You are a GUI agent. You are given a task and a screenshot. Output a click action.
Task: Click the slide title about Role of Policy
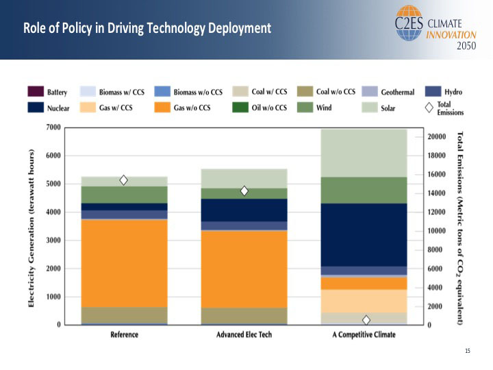coord(147,29)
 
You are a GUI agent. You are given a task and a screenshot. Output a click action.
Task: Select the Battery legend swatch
coord(36,92)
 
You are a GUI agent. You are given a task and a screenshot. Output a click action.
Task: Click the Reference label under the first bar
coord(124,335)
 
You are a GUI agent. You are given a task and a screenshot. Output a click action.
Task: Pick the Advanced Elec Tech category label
coord(244,335)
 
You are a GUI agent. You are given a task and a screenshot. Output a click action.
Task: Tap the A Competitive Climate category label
coord(364,335)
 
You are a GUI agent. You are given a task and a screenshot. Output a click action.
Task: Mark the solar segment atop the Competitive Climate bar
coord(364,152)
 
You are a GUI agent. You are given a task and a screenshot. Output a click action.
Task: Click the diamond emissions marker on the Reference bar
coord(124,180)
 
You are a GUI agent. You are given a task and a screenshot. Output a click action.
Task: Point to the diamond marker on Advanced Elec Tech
coord(244,191)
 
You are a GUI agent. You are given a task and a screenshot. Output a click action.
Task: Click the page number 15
coord(468,351)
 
